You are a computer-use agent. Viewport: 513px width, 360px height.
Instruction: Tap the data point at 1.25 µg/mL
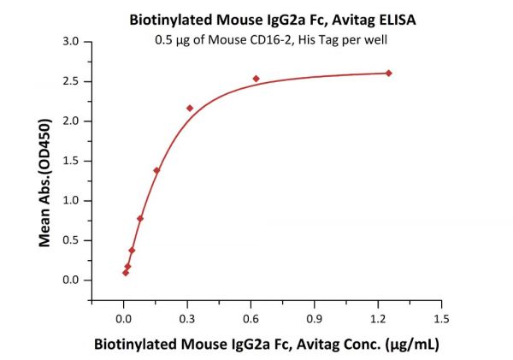tap(388, 73)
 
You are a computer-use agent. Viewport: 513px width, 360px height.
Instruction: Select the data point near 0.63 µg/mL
tap(256, 79)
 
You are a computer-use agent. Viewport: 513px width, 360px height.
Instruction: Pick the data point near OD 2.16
tap(190, 108)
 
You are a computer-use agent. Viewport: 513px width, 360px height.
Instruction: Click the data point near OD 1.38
tap(156, 170)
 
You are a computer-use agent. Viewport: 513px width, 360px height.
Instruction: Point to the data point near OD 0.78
tap(140, 218)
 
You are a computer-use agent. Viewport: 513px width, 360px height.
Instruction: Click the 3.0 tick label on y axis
tap(73, 41)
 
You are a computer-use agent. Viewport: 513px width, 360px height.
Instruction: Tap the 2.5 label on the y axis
tap(73, 81)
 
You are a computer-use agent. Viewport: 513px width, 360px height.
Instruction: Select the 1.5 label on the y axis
tap(73, 161)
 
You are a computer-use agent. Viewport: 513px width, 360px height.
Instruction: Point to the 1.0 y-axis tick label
tap(73, 200)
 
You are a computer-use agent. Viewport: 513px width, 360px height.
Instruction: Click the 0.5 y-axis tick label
tap(73, 240)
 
